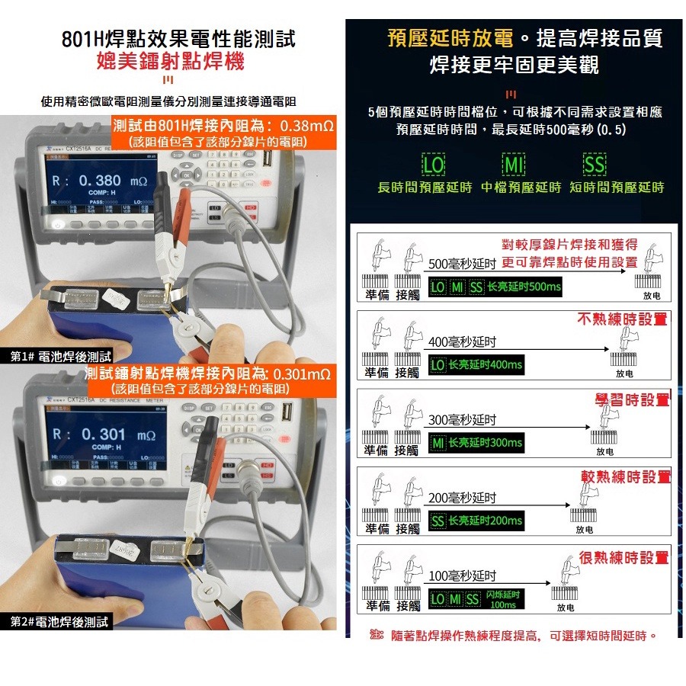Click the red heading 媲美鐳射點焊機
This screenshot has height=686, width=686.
pos(170,61)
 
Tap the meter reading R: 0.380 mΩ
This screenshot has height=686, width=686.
pos(96,181)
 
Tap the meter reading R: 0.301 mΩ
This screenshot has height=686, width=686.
pos(97,434)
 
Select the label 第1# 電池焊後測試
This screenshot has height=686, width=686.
pos(60,356)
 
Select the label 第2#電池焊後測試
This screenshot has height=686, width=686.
pos(59,622)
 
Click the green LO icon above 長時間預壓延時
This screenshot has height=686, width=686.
pos(434,165)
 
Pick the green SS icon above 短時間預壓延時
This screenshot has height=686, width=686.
pos(595,165)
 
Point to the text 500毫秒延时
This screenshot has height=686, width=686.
pos(463,264)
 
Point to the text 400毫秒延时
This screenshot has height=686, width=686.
pos(463,342)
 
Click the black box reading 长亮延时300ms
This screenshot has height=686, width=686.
pos(475,443)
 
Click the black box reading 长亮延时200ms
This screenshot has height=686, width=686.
pos(475,521)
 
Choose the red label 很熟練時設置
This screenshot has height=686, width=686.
pos(623,558)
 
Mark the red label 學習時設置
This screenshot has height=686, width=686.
pos(631,399)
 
